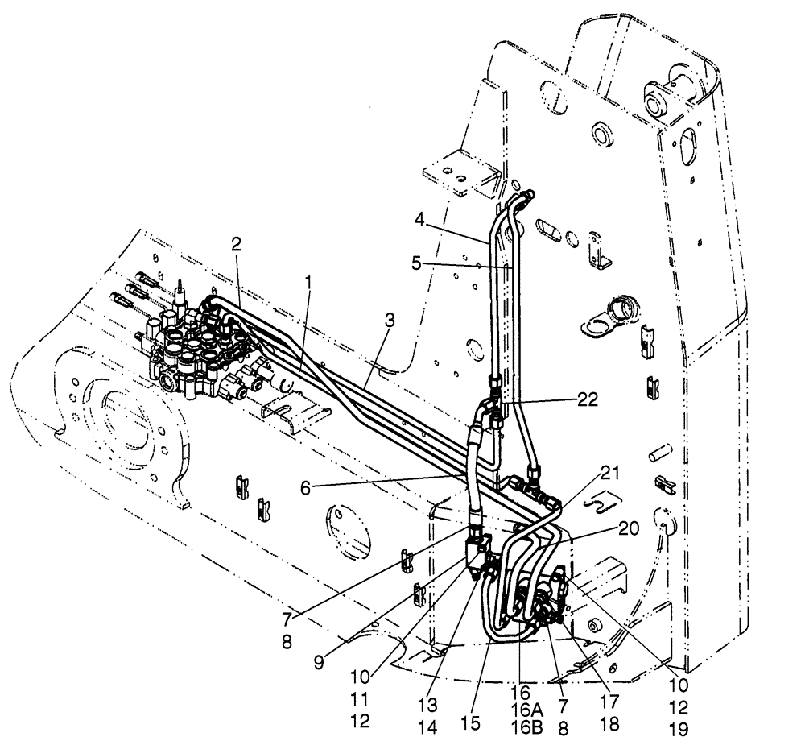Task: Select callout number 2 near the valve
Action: click(x=236, y=243)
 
